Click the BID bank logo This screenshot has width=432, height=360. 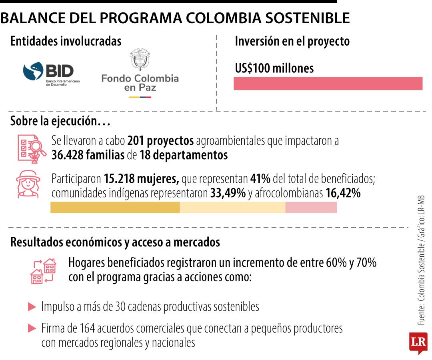tap(52, 74)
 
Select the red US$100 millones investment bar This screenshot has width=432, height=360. tap(328, 83)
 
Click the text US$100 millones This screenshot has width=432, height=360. tap(274, 68)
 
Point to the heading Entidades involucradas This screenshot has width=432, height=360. tap(66, 41)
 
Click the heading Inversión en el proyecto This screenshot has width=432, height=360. tap(292, 41)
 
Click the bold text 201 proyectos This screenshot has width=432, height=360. tap(160, 141)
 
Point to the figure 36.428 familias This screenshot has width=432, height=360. tap(88, 155)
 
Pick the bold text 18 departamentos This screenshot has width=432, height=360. tap(184, 155)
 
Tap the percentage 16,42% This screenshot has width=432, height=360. tap(343, 193)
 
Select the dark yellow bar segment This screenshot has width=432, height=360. tap(115, 207)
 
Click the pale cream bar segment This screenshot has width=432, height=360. tap(232, 207)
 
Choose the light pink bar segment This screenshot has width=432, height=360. tap(311, 207)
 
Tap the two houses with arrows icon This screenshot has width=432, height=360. tap(43, 271)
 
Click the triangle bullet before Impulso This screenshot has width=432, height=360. tap(32, 307)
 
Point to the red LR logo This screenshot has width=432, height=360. tap(418, 342)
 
